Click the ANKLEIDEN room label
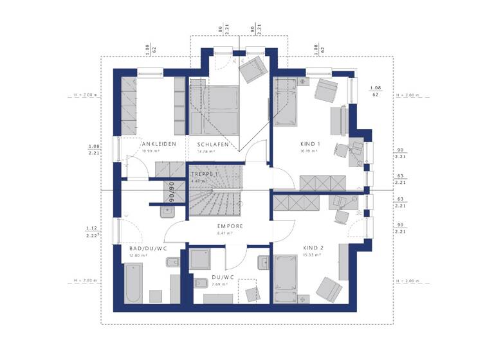pos(159,144)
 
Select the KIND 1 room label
pos(309,144)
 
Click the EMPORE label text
pos(230,226)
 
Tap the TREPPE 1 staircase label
pos(205,174)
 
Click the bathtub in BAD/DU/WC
pos(133,285)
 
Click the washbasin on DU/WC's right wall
pos(264,262)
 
